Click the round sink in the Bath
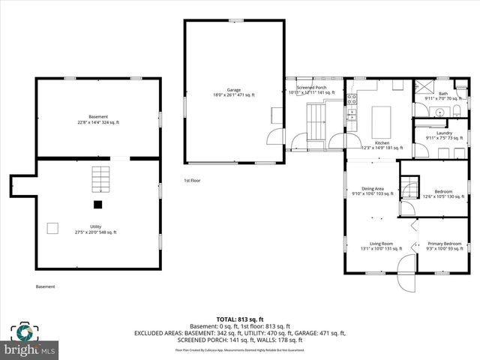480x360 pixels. point(455,112)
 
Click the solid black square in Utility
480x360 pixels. point(97,204)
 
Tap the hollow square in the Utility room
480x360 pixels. point(52,227)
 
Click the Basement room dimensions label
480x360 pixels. point(98,122)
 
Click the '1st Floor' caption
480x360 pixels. point(192,181)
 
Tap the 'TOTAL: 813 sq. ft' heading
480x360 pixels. point(240,318)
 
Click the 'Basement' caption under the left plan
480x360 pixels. point(46,286)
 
